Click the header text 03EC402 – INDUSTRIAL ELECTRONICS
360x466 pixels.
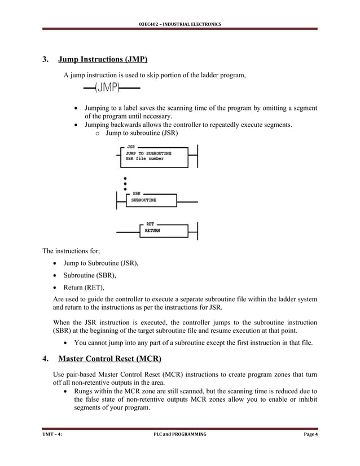click(180, 23)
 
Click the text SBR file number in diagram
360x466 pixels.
click(144, 159)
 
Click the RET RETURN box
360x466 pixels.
click(164, 228)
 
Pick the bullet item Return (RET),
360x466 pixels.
click(94, 287)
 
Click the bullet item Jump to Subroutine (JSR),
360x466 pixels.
click(111, 263)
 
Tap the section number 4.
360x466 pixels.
click(45, 359)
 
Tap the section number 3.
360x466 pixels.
click(45, 60)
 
